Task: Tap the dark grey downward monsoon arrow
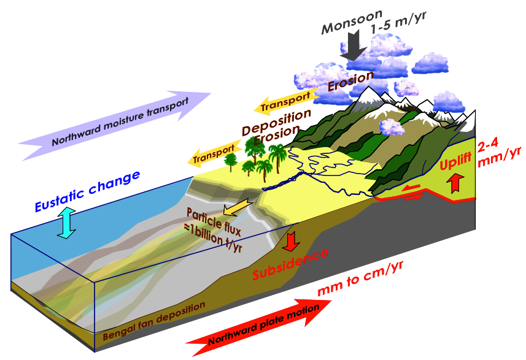click(352, 45)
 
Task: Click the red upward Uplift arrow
click(455, 182)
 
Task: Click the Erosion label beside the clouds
click(350, 80)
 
